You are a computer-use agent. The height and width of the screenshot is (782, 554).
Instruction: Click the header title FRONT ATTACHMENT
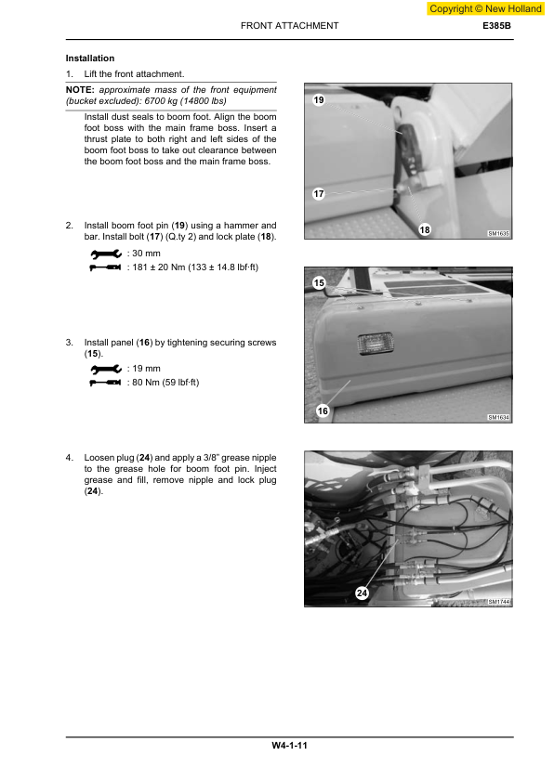(x=289, y=26)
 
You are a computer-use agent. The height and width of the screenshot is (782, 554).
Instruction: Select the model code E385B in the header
(x=497, y=26)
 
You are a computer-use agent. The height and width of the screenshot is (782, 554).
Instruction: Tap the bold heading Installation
(x=90, y=59)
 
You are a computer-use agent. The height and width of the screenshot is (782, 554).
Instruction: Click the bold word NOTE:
(x=80, y=89)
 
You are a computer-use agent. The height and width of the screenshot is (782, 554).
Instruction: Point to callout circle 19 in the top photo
(x=319, y=99)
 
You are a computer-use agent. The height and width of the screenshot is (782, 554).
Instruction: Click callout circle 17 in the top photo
(x=319, y=194)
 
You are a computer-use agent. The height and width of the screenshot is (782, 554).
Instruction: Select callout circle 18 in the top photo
(x=425, y=229)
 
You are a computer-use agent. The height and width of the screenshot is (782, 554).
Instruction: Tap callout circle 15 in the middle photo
(x=319, y=282)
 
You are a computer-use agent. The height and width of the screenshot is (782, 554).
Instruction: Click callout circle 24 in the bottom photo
(x=362, y=593)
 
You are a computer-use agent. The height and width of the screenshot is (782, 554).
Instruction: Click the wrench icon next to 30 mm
(x=105, y=254)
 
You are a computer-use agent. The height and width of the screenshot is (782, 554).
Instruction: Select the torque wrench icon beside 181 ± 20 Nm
(x=105, y=267)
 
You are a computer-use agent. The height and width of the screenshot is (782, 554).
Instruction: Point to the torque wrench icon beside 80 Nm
(x=105, y=383)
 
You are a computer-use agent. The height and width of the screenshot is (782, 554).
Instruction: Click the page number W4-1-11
(x=289, y=746)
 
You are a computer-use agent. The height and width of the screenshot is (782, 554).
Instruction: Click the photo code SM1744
(x=498, y=602)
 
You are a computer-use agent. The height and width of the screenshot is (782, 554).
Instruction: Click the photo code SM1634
(x=498, y=418)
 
